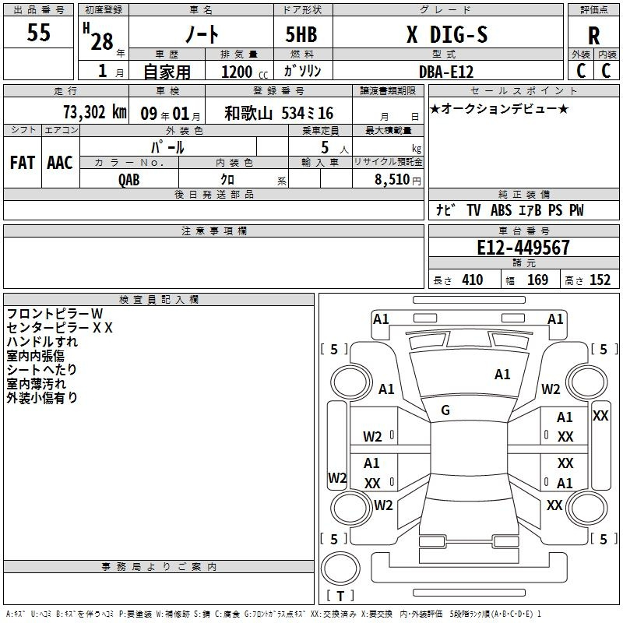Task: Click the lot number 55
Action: click(x=38, y=32)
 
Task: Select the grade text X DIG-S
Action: click(x=447, y=34)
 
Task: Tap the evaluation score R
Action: click(x=593, y=36)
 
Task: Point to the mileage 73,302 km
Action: click(x=95, y=112)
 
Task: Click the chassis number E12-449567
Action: click(x=523, y=247)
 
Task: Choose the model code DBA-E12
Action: click(x=446, y=72)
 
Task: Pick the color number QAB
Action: click(x=128, y=180)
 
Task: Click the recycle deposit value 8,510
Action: click(x=392, y=180)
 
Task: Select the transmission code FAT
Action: click(x=23, y=163)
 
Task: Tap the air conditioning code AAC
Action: click(x=60, y=163)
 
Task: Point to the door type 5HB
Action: click(x=301, y=34)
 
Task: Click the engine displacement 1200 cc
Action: click(x=245, y=72)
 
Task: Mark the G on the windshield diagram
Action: click(x=445, y=410)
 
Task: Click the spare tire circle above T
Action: click(x=340, y=568)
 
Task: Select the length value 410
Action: click(x=473, y=280)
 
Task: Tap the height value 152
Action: click(x=600, y=280)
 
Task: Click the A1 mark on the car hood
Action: click(x=502, y=375)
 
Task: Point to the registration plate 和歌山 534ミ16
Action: click(x=279, y=113)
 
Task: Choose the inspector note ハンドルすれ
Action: click(x=42, y=342)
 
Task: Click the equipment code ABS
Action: click(x=501, y=210)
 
